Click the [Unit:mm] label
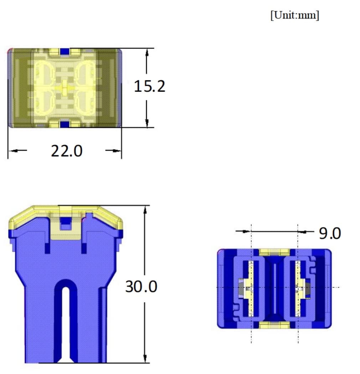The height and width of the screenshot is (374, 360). coord(295,16)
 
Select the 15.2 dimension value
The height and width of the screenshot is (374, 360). coord(149,86)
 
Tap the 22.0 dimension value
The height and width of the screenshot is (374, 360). coord(67,151)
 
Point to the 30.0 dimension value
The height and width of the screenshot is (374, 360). coord(141,287)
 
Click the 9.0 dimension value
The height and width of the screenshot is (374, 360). coord(330,233)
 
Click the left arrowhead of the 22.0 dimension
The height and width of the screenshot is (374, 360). coord(12,151)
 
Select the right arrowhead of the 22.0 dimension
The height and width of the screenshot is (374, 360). coord(117,151)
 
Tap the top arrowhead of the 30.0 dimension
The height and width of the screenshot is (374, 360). coord(145,210)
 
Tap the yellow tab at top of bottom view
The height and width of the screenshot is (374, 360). coord(274,252)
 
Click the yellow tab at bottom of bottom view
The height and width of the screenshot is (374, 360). coord(274,325)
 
